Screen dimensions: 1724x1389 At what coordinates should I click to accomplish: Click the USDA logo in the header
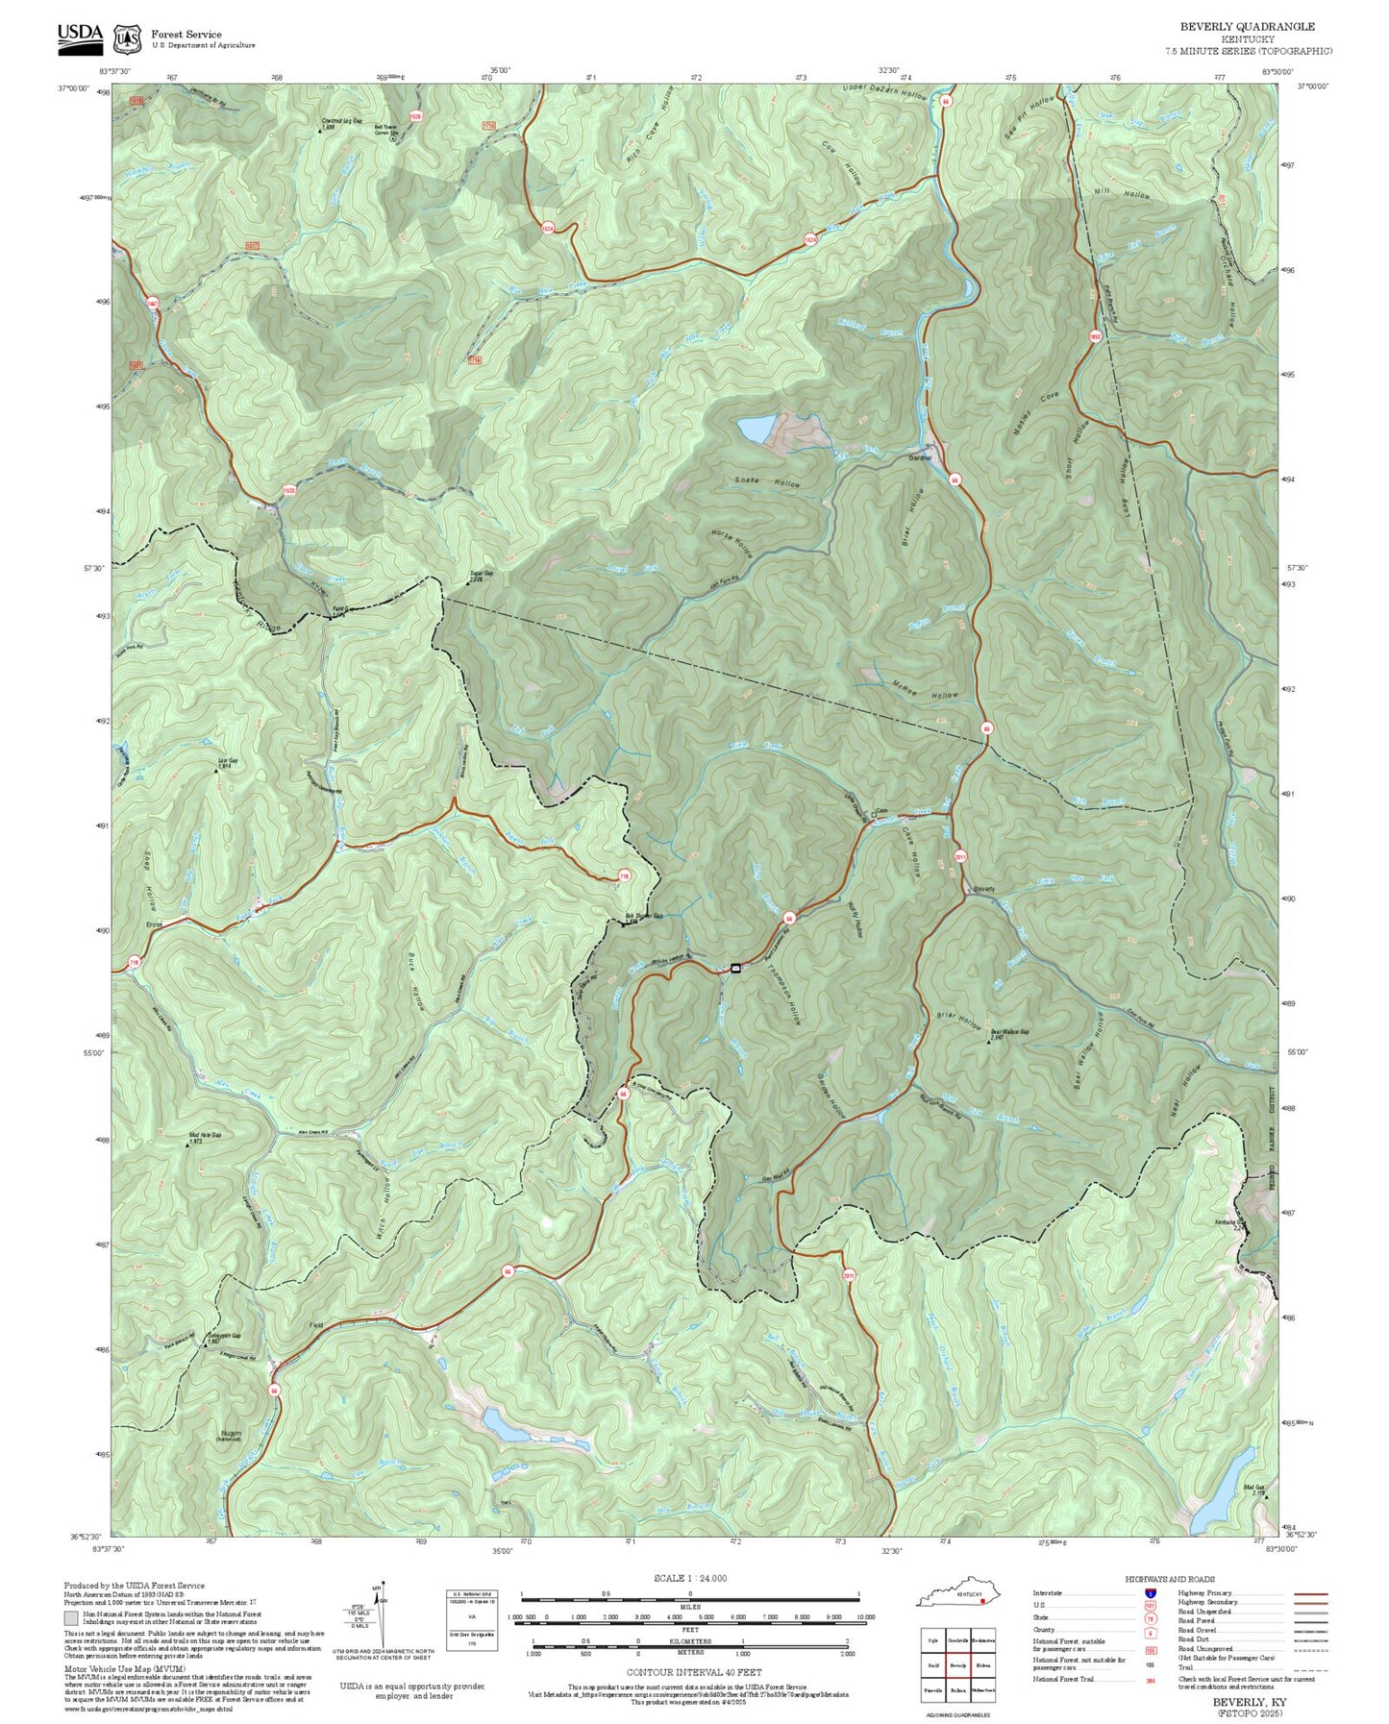tap(80, 35)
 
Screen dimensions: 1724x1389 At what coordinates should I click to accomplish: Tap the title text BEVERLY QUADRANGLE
tap(1247, 27)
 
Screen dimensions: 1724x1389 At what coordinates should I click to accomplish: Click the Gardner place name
tap(921, 458)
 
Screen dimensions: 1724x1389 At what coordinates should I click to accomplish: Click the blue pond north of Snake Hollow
tap(755, 430)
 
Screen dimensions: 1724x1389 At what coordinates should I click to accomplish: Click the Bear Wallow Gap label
tap(1009, 1032)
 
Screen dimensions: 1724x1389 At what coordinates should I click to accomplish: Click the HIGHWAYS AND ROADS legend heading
tap(1169, 1579)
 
